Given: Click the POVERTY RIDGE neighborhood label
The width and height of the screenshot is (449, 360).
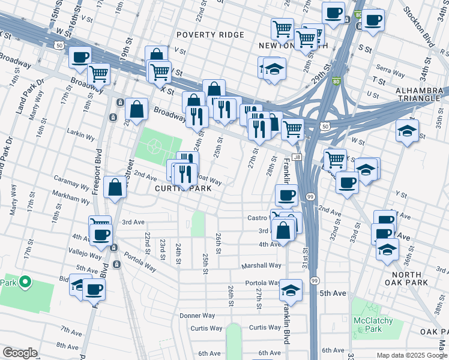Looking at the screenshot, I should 210,35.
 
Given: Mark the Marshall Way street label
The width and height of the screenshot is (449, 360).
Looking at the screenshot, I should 261,265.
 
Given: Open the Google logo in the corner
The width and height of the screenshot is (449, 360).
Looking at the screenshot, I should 20,353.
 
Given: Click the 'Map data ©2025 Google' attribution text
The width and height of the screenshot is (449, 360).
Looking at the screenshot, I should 409,355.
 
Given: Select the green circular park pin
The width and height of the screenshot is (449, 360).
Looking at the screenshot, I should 25,281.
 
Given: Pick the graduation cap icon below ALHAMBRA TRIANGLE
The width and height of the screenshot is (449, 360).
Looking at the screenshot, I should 408,130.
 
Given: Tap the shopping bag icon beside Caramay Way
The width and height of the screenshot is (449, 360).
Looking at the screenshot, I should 115,187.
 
